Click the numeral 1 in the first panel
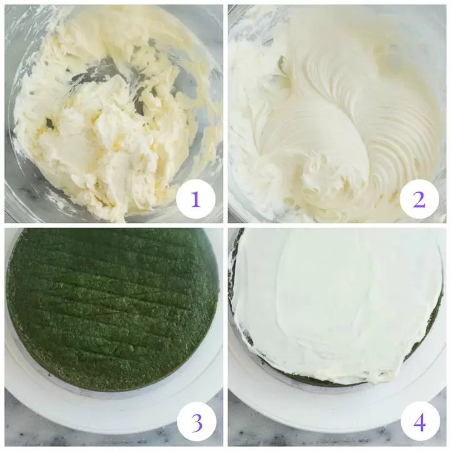click(195, 199)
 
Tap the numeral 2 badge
click(419, 199)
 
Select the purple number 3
click(197, 423)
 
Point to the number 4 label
click(420, 423)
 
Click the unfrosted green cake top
click(112, 308)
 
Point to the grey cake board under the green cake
click(112, 395)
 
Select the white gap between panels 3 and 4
click(225, 337)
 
